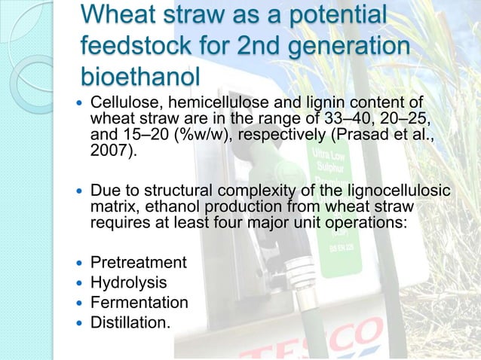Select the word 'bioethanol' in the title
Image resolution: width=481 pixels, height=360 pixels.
(140, 77)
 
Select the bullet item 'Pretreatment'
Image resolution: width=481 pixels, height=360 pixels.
(139, 264)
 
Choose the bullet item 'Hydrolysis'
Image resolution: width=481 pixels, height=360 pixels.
(129, 283)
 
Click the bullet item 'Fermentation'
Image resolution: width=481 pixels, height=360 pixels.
(139, 303)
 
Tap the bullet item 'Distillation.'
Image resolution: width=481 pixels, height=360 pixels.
(130, 322)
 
